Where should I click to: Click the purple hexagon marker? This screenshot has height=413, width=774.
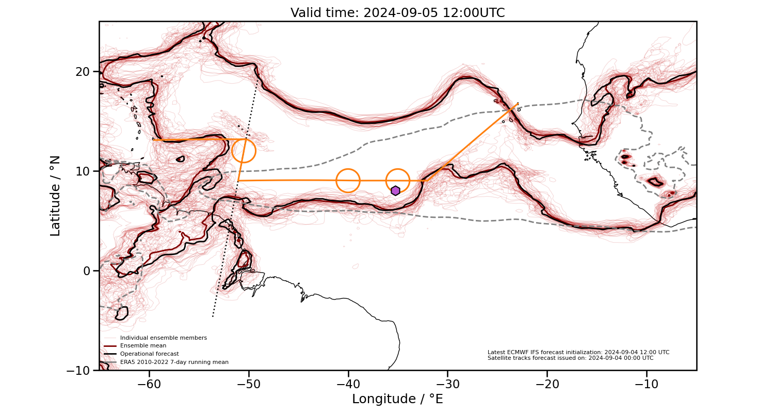click(395, 190)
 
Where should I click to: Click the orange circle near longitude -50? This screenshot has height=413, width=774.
click(244, 151)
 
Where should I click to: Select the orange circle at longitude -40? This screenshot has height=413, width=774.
click(348, 181)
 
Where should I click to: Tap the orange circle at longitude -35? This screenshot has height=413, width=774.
click(398, 181)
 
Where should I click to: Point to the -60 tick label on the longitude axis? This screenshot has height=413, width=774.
click(149, 385)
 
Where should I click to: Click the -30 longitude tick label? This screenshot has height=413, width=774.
click(447, 385)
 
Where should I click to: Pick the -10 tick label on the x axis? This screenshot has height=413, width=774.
click(647, 385)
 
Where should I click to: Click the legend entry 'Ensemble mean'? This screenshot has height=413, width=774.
click(143, 346)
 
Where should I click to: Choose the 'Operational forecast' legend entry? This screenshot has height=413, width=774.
click(149, 354)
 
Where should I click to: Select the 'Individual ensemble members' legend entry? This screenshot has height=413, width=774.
click(163, 338)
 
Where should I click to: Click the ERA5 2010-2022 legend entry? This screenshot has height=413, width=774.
click(174, 362)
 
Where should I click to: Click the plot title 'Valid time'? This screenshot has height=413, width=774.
click(397, 13)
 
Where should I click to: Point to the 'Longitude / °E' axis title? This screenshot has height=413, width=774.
click(397, 399)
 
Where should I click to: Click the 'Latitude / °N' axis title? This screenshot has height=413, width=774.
click(55, 196)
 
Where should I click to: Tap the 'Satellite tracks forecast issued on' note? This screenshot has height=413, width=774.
click(570, 358)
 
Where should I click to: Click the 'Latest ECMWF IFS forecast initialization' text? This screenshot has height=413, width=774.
click(578, 352)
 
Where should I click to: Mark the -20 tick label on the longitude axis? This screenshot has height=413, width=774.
click(547, 385)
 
